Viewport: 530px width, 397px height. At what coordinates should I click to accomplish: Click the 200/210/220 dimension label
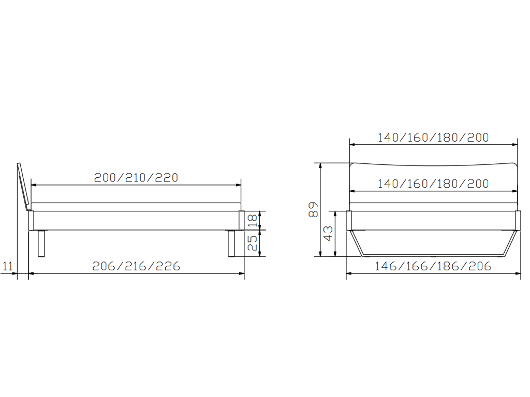(136, 177)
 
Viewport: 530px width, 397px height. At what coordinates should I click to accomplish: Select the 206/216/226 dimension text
(136, 266)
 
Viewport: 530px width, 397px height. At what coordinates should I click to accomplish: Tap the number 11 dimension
(7, 266)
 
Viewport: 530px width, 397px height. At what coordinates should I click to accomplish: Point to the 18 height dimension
(253, 220)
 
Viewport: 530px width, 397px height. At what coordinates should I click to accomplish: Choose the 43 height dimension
(328, 234)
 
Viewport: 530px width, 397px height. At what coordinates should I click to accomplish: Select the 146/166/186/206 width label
(433, 266)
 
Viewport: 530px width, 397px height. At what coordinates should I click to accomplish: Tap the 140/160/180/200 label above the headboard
(433, 138)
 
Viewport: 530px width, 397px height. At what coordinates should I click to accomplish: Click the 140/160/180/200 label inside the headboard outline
(433, 184)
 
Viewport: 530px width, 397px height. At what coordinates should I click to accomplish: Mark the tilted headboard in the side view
(23, 186)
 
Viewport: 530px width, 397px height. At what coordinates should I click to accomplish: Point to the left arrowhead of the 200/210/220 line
(33, 185)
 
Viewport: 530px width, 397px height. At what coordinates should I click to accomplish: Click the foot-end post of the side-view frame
(241, 220)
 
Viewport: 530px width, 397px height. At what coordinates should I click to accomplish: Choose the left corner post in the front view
(349, 220)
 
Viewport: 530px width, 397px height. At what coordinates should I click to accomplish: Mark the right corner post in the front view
(517, 220)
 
